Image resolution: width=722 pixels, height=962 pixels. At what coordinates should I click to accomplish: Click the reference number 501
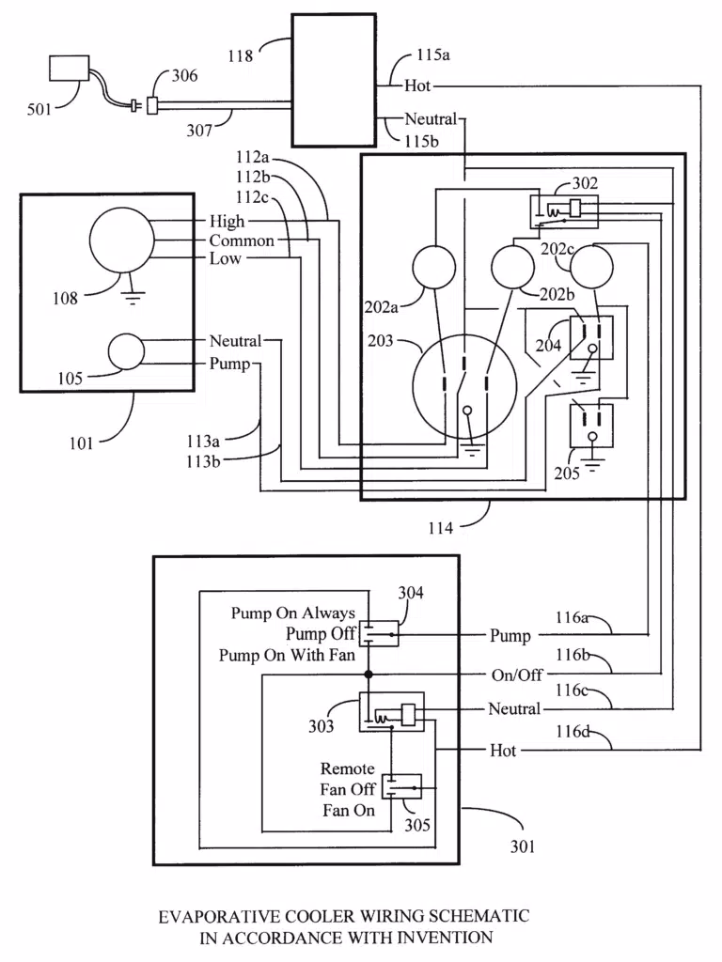pyautogui.click(x=39, y=110)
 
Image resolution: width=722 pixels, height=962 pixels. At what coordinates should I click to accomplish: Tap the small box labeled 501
pyautogui.click(x=69, y=68)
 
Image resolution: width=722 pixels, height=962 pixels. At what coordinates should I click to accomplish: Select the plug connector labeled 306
pyautogui.click(x=152, y=105)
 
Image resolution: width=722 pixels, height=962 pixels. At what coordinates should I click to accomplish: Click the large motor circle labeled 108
pyautogui.click(x=121, y=240)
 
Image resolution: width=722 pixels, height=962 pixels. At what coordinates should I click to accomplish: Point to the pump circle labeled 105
pyautogui.click(x=126, y=351)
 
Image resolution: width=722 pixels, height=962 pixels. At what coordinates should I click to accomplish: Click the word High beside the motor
pyautogui.click(x=227, y=221)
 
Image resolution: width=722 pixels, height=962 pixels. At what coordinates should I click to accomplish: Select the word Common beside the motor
pyautogui.click(x=242, y=240)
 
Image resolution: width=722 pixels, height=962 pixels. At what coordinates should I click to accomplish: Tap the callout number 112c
pyautogui.click(x=252, y=197)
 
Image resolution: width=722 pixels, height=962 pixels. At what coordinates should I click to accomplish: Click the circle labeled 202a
pyautogui.click(x=434, y=268)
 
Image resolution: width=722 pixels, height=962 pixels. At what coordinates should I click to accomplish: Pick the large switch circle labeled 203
pyautogui.click(x=464, y=386)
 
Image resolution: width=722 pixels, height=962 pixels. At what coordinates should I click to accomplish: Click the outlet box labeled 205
pyautogui.click(x=592, y=426)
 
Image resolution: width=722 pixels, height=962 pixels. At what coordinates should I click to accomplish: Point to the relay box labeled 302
pyautogui.click(x=564, y=212)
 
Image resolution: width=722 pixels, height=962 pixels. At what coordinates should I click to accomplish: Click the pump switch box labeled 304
pyautogui.click(x=379, y=633)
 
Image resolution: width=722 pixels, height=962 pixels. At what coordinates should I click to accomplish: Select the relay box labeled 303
pyautogui.click(x=392, y=712)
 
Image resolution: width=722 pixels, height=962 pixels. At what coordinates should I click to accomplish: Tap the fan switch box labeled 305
pyautogui.click(x=402, y=786)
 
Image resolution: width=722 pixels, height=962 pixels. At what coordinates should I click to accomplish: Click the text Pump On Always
pyautogui.click(x=293, y=613)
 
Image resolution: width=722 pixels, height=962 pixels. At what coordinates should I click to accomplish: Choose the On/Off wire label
pyautogui.click(x=517, y=675)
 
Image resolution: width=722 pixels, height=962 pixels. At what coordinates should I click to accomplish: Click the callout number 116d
pyautogui.click(x=573, y=731)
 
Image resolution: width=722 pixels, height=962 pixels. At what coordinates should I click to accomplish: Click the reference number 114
pyautogui.click(x=441, y=528)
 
